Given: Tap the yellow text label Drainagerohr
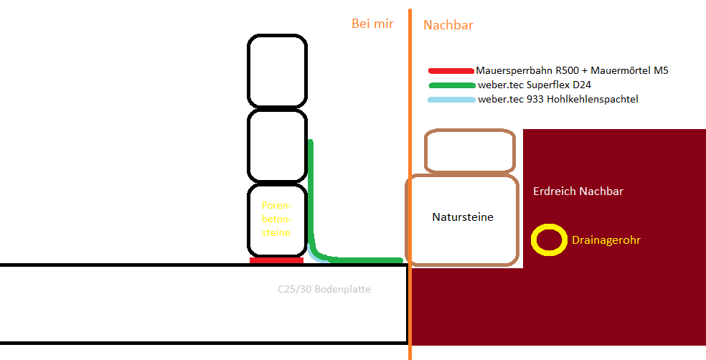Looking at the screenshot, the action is [x=606, y=240].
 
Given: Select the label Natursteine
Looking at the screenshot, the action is [x=463, y=217].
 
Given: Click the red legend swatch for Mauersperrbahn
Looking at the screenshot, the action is [x=451, y=71].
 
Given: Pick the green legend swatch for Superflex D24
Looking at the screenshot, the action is [x=451, y=85].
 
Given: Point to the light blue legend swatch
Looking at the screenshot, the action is [x=451, y=100].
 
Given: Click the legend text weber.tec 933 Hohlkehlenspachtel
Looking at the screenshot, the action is [x=558, y=100].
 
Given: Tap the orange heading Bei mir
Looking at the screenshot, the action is [x=372, y=24].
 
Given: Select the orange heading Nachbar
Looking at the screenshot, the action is [x=448, y=25].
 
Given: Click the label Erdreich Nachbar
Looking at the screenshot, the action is [x=578, y=191].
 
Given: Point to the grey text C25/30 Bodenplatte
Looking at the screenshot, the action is [x=324, y=289].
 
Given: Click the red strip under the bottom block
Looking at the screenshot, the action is [x=276, y=260].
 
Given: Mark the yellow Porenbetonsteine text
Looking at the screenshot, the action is [x=277, y=219].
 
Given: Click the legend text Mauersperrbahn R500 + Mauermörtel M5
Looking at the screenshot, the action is [x=572, y=71].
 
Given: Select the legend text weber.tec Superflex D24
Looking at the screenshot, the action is [x=535, y=85].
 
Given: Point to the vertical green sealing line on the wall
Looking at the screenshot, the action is [x=311, y=194].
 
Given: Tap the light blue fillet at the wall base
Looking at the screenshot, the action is [x=314, y=256].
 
